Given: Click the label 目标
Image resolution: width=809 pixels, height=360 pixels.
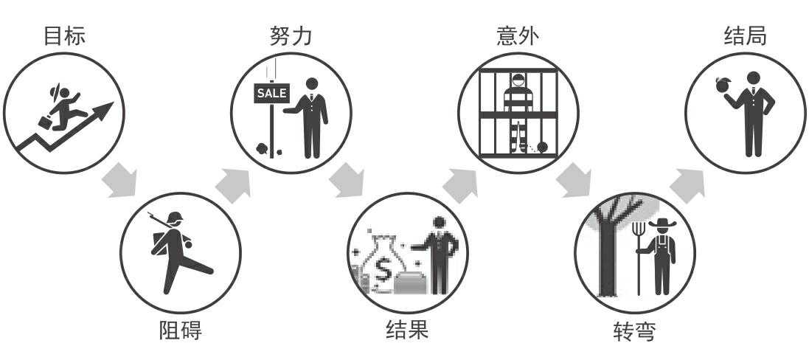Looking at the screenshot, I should (x=64, y=35).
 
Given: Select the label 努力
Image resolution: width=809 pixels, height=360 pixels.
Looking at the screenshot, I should (x=291, y=35).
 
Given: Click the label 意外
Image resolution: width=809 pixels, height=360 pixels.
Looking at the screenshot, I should (x=518, y=35).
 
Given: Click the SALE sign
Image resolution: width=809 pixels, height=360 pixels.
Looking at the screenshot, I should (x=271, y=93).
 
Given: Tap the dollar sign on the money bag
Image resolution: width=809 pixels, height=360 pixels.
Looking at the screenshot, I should (x=384, y=271).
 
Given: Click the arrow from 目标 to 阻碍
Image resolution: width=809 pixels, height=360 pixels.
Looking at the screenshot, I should (x=119, y=181).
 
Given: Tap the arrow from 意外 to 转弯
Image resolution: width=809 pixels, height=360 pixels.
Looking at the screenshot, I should (x=574, y=181).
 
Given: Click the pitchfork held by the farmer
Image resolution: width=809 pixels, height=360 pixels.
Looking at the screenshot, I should (x=639, y=251).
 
